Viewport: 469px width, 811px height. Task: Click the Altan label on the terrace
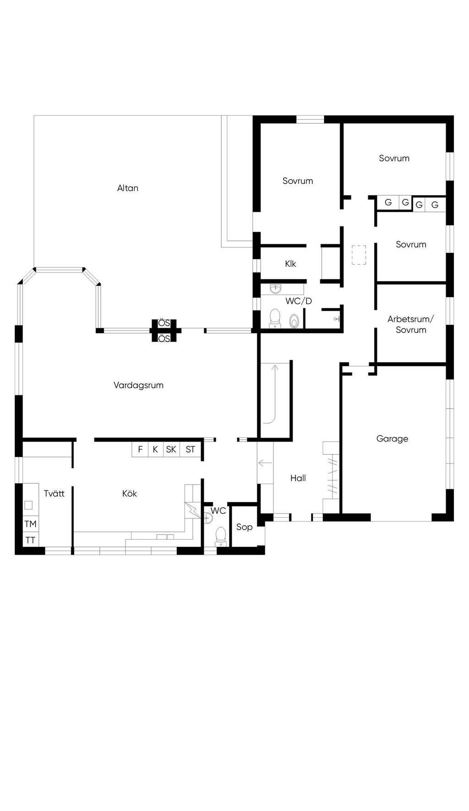pos(128,188)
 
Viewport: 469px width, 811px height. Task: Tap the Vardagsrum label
pos(138,386)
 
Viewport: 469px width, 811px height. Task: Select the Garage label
pos(392,439)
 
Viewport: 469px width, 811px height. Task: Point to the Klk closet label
pos(290,264)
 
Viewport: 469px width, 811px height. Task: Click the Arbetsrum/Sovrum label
pos(411,325)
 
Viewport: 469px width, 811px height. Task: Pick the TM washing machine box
pos(31,524)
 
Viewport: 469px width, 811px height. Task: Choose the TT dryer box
pos(31,540)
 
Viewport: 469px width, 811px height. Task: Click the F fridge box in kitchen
pos(140,449)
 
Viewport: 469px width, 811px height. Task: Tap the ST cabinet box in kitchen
pos(190,449)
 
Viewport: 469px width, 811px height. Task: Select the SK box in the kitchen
pos(171,449)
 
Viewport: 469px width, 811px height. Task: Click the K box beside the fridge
pos(156,449)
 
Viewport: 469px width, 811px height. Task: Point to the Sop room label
pos(244,527)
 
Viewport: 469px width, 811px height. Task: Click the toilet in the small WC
pos(221,537)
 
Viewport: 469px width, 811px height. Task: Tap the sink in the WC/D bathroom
pos(276,289)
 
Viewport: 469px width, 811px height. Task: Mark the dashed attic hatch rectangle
pos(359,255)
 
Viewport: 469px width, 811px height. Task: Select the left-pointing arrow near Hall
pos(265,463)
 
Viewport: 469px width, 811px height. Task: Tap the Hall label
pos(298,478)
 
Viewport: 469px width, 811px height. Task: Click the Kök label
pos(130,493)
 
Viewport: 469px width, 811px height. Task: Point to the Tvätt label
pos(54,493)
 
